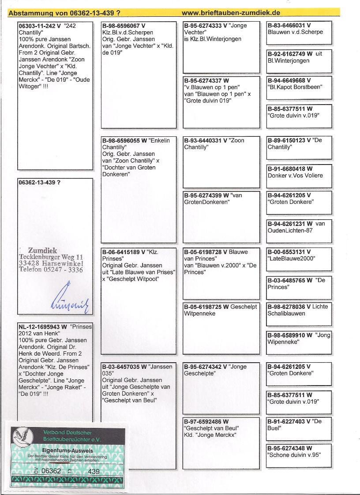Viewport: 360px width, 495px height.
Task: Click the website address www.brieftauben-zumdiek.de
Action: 231,13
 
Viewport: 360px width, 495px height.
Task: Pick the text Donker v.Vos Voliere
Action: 295,175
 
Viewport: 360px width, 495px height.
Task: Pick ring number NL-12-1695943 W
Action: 43,327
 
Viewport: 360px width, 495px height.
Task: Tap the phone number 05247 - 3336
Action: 64,270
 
